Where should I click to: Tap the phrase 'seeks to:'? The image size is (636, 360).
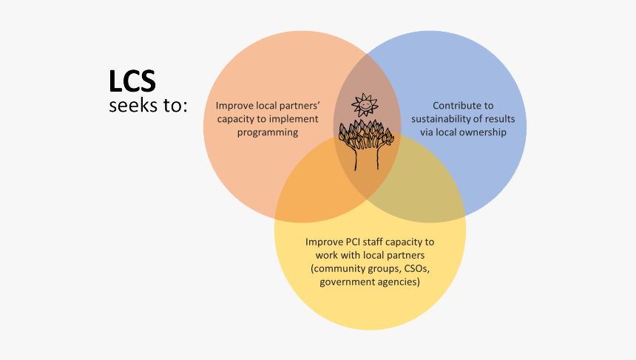148,105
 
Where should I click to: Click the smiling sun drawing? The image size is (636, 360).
364,106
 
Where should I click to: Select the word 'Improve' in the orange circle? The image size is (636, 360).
233,105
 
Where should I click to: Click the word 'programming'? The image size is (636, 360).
268,132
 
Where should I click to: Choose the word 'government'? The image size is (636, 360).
348,282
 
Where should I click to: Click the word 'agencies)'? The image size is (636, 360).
399,282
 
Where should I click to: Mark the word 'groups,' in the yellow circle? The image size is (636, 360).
381,268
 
